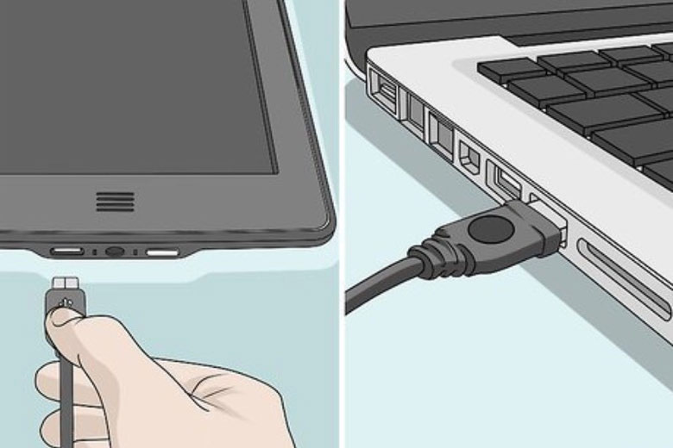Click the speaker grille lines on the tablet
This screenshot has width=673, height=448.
click(x=114, y=202)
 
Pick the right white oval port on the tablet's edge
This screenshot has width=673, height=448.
click(x=161, y=252)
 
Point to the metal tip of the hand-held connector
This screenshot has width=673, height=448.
click(x=65, y=283)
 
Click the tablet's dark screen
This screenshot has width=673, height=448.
click(x=129, y=86)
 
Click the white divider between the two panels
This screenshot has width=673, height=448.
click(x=342, y=224)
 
